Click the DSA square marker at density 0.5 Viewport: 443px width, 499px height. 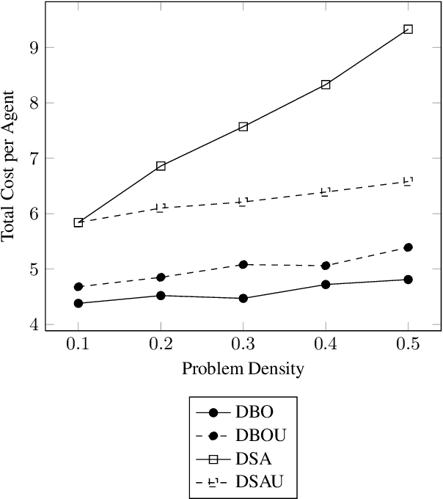pos(408,29)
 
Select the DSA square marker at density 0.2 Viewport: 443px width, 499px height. pos(161,167)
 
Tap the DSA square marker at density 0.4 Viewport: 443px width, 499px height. pos(326,84)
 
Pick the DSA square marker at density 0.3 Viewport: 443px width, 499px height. pos(244,126)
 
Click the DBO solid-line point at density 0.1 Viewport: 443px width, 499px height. pos(78,303)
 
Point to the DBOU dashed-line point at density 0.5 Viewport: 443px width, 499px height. pos(408,247)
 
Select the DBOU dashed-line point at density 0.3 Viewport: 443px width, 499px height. pos(244,264)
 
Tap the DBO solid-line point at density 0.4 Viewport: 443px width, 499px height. pos(326,284)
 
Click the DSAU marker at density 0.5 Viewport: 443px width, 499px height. pos(408,181)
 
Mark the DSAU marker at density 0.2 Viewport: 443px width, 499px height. pos(161,208)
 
